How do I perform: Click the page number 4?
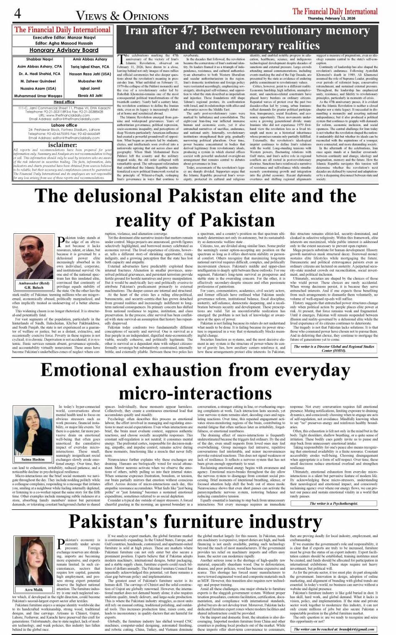[18, 14]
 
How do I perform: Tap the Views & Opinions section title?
[122, 16]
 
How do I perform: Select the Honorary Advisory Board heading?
[64, 50]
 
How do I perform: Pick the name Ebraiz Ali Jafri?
[90, 96]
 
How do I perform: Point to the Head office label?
[64, 102]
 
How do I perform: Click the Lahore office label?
[64, 125]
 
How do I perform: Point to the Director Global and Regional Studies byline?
[334, 348]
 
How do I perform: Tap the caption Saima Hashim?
[33, 459]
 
